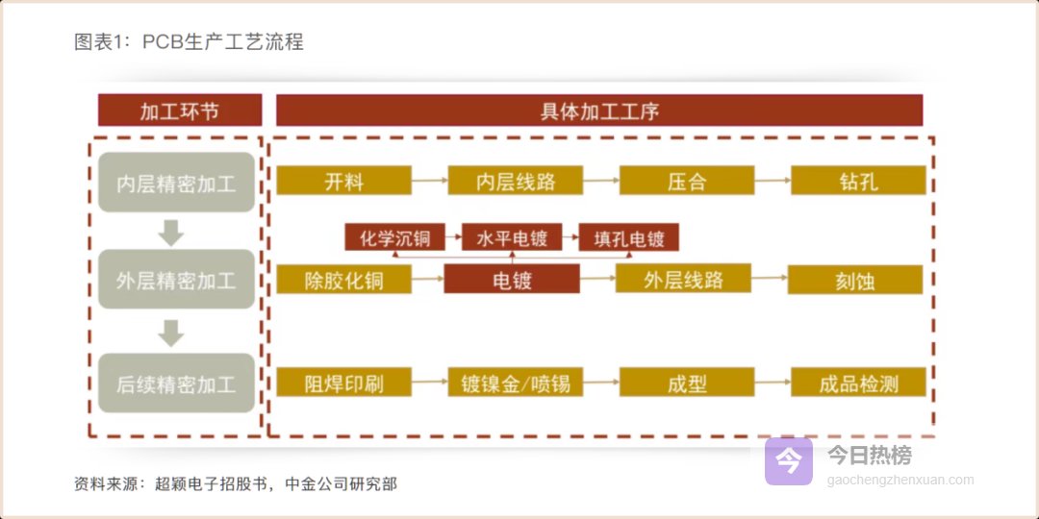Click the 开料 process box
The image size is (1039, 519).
tap(343, 180)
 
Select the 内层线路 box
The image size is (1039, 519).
tap(516, 180)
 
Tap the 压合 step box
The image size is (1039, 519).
tap(687, 180)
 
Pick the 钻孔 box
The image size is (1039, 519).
tap(859, 180)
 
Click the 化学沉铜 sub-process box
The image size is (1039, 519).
tap(395, 237)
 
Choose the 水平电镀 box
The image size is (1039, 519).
tap(512, 237)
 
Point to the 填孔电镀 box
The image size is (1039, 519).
tap(629, 237)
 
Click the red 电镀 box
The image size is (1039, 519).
tap(512, 279)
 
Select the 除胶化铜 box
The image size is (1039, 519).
tap(343, 279)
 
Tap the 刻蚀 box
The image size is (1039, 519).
tap(855, 280)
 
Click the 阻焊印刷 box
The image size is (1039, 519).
tap(343, 382)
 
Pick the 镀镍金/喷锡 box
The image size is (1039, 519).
tap(516, 382)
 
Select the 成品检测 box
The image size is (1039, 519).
tap(859, 382)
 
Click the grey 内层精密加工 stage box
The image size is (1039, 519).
tap(176, 182)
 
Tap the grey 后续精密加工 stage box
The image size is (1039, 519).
tap(176, 383)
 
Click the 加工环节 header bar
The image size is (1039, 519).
tap(180, 110)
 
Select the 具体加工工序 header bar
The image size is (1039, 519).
tap(599, 110)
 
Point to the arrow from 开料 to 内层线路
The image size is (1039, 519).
tap(429, 180)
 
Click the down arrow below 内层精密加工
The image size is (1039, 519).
tap(171, 233)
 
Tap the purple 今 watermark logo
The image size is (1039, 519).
tap(789, 461)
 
